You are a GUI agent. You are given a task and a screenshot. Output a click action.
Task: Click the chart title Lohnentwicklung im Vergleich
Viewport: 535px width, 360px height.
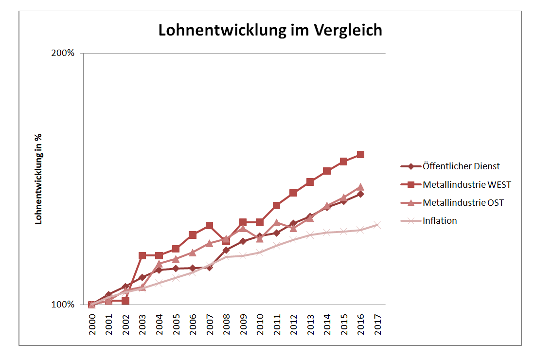[270, 30]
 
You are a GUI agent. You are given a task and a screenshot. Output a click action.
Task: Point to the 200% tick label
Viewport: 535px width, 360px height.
[63, 53]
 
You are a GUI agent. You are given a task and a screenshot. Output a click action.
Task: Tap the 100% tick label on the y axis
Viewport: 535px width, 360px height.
[63, 305]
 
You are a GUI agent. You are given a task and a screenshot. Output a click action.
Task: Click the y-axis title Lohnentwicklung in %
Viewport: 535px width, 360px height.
[38, 179]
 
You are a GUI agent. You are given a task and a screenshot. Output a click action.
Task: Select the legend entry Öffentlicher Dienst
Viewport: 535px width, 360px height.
[461, 166]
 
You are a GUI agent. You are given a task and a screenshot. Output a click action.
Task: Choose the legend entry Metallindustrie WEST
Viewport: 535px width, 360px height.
[467, 185]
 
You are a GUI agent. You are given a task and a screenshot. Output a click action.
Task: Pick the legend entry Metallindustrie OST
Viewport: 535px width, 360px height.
[463, 203]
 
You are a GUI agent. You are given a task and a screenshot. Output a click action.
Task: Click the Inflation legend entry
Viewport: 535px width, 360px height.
[440, 221]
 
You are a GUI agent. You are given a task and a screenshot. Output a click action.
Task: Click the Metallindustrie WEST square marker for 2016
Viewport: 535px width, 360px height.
[360, 154]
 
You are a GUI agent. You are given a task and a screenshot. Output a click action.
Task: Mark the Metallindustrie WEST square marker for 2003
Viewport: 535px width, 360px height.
[143, 255]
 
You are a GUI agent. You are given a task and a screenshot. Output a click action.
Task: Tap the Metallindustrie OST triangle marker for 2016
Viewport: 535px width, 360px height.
[360, 187]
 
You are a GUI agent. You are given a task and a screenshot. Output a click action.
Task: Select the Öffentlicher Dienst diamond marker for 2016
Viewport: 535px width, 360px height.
[360, 194]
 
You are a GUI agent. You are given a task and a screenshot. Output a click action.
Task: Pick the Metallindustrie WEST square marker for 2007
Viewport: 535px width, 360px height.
[209, 225]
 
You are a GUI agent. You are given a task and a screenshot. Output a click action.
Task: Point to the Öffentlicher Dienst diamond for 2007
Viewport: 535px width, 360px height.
[209, 267]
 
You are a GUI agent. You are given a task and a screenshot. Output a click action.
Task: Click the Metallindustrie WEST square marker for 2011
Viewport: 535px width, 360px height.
[276, 205]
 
